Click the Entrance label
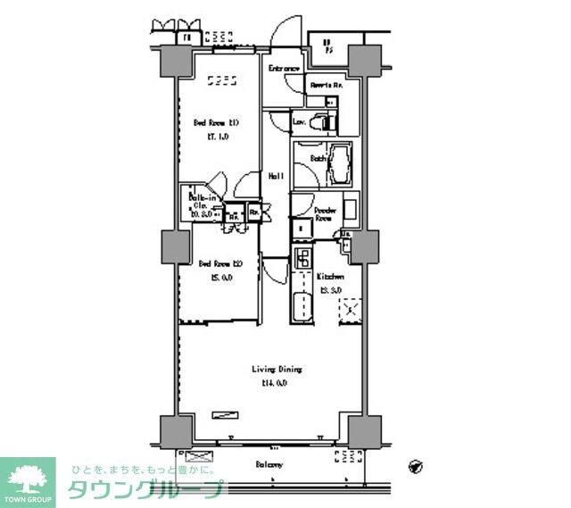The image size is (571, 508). click(x=284, y=69)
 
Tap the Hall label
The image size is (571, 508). click(x=277, y=176)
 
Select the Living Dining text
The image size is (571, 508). click(x=276, y=369)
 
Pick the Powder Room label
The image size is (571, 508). click(x=324, y=214)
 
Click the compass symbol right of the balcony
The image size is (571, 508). click(x=415, y=465)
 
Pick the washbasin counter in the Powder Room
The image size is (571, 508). click(x=351, y=211)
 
